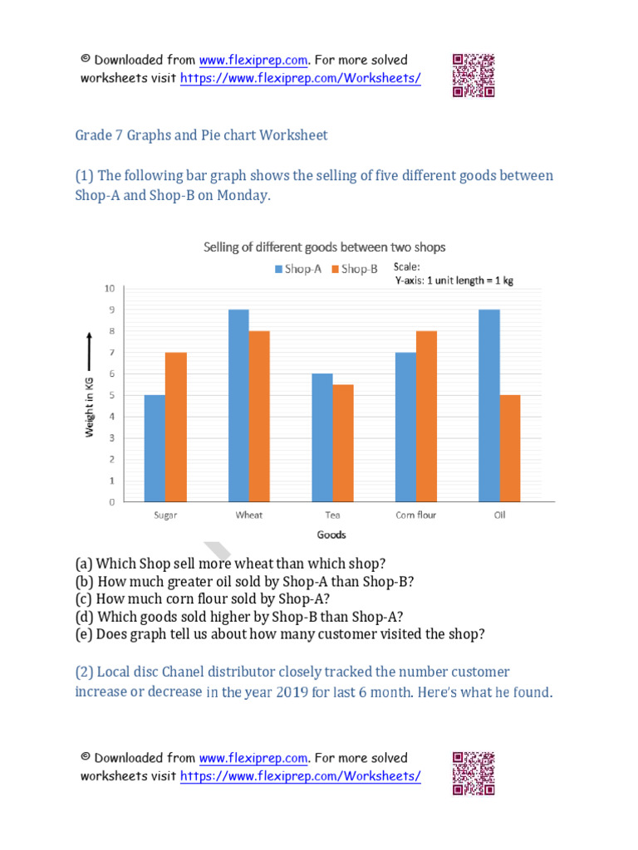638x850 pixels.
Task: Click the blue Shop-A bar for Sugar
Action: click(155, 448)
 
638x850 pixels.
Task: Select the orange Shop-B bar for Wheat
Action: click(259, 417)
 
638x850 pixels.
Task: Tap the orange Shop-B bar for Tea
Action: click(343, 443)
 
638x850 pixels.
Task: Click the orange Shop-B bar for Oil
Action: click(510, 448)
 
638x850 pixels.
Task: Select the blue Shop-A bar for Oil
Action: click(489, 406)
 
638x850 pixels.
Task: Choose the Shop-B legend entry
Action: click(355, 269)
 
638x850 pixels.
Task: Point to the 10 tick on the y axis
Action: click(109, 288)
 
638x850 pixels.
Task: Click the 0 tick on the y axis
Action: click(111, 502)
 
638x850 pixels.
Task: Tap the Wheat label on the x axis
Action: click(248, 515)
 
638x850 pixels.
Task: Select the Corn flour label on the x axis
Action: click(416, 515)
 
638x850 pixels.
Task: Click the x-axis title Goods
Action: click(331, 535)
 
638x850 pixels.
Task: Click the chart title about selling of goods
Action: click(325, 247)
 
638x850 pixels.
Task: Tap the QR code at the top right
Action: click(474, 76)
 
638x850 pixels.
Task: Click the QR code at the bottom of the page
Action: click(474, 774)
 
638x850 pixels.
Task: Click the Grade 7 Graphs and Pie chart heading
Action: click(202, 134)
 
